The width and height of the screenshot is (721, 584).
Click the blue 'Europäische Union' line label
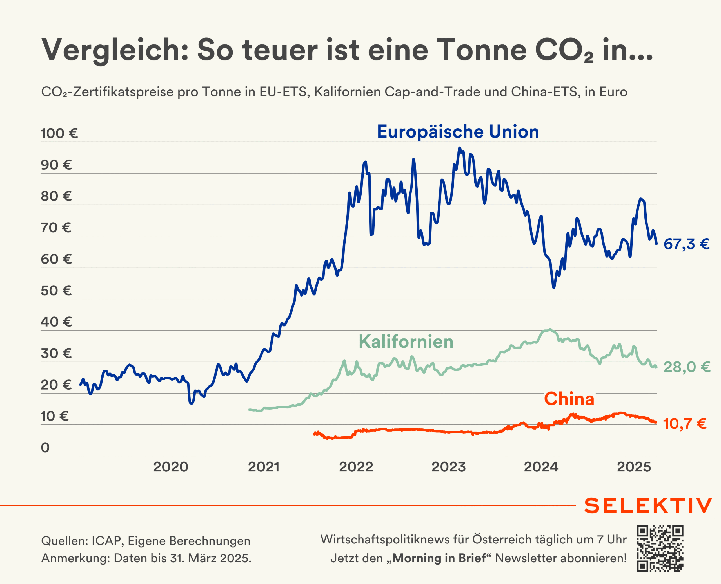click(x=458, y=132)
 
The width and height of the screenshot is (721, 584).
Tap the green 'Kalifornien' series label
click(x=406, y=342)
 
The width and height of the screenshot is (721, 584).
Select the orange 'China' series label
click(x=569, y=399)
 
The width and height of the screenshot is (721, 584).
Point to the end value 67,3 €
click(x=686, y=244)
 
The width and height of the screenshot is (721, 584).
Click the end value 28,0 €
click(x=687, y=367)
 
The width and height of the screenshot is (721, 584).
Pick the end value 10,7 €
click(x=685, y=424)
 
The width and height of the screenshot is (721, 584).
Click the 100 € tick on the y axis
click(x=59, y=134)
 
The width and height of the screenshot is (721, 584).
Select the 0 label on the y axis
click(x=45, y=448)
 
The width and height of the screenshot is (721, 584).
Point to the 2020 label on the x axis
click(x=171, y=467)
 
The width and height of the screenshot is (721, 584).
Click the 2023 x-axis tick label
click(x=449, y=467)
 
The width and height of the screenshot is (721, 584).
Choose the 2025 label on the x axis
click(x=634, y=467)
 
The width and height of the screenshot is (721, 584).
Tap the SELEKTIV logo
click(x=648, y=506)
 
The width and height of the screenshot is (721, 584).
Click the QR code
click(x=660, y=549)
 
